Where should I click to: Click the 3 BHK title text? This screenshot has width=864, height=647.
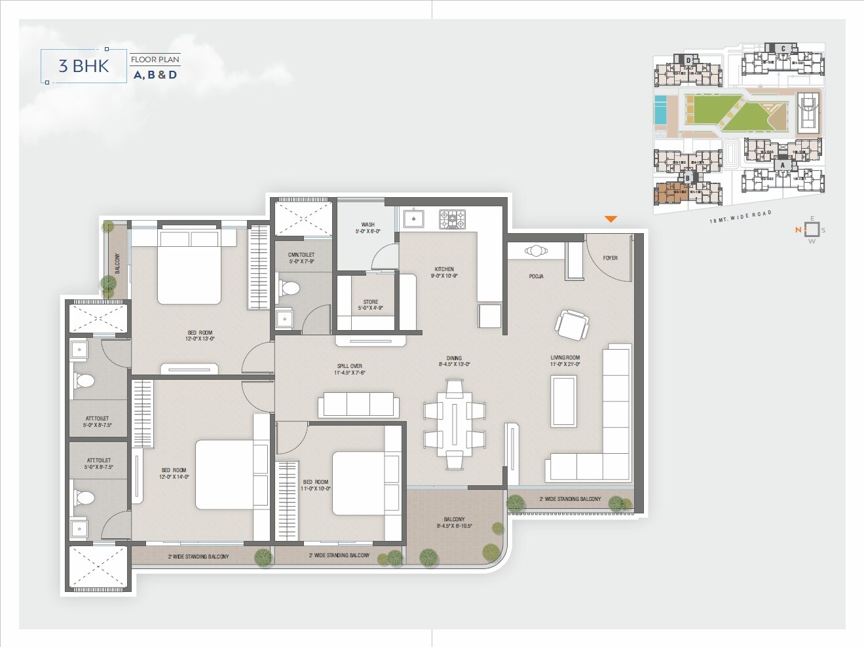(x=83, y=66)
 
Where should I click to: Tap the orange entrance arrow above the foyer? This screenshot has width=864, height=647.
(x=610, y=219)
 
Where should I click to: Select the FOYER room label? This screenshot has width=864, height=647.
(x=610, y=258)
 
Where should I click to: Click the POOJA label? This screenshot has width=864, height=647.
(x=536, y=276)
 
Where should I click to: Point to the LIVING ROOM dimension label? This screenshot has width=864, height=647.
(x=565, y=361)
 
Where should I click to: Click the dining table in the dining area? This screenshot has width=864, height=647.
(x=454, y=424)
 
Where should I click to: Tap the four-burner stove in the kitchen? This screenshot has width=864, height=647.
(x=452, y=219)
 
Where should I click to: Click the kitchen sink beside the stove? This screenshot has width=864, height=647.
(x=414, y=219)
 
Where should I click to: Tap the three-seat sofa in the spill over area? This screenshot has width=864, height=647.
(x=358, y=405)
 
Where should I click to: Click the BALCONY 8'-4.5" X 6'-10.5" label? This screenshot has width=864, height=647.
(x=454, y=523)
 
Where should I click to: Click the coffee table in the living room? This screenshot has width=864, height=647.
(x=563, y=401)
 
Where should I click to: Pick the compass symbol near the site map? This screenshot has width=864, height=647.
(x=812, y=230)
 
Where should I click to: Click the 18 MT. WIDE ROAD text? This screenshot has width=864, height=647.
(x=740, y=217)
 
